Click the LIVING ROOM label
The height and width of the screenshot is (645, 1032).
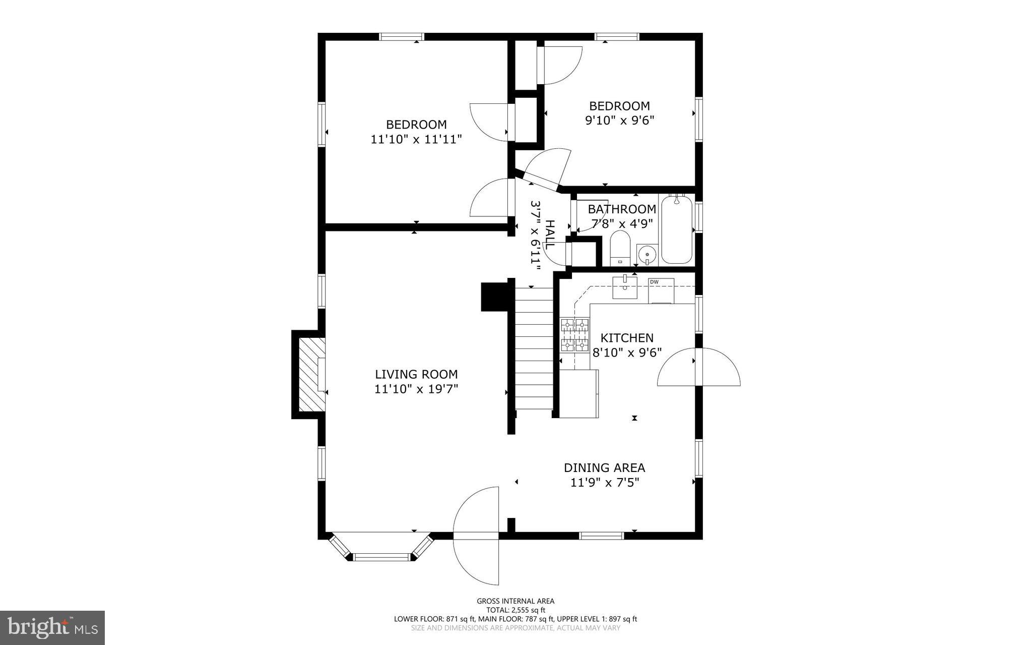coord(416,374)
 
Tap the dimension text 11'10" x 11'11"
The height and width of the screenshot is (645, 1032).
coord(416,139)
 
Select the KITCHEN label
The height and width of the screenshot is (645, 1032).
coord(627,338)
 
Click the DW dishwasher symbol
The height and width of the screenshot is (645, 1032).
coord(661,290)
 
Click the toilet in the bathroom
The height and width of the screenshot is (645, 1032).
coord(619,248)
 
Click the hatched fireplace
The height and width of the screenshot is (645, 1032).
coord(308,374)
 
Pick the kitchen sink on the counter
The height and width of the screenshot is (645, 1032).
coord(625,288)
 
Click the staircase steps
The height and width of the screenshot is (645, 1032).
coord(534,348)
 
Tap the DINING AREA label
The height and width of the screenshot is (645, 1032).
coord(604,467)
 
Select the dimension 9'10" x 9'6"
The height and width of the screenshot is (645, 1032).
coord(619,121)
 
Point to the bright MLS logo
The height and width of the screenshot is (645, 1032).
coord(52,627)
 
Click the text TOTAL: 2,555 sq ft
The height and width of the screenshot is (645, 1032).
coord(515,610)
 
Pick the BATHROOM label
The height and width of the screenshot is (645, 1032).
coord(622,209)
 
